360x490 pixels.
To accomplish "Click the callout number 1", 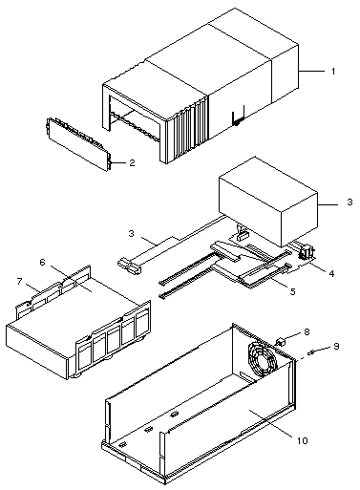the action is [x=333, y=72].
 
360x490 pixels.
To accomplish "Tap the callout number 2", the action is [x=132, y=163].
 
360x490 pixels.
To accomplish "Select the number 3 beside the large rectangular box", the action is [x=349, y=202].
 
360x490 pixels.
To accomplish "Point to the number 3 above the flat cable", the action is [x=132, y=233].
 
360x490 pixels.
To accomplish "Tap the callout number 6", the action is [x=20, y=282].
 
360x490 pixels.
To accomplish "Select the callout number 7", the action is [x=307, y=332].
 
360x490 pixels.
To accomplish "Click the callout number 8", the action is [x=336, y=346].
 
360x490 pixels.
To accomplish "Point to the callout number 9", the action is [x=303, y=440].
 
